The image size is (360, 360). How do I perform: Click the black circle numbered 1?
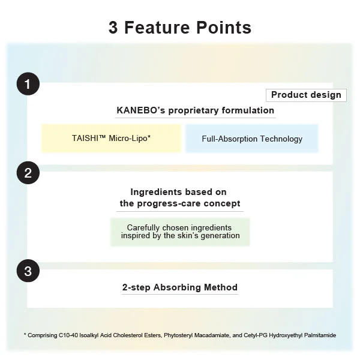28,84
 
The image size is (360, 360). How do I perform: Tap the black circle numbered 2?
28,173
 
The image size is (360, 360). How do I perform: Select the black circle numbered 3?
28,271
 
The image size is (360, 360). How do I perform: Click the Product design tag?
306,95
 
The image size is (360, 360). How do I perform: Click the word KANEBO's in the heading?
141,110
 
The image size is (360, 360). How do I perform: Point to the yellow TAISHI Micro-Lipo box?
111,138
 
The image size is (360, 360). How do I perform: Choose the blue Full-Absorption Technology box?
252,139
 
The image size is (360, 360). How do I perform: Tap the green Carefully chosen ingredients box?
180,232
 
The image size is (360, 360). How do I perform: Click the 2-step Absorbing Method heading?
180,287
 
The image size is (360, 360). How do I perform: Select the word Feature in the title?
157,28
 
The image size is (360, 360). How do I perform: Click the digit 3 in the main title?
113,28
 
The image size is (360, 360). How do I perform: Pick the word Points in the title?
224,28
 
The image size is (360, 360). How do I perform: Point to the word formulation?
248,110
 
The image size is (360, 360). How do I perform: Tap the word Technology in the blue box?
281,139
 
